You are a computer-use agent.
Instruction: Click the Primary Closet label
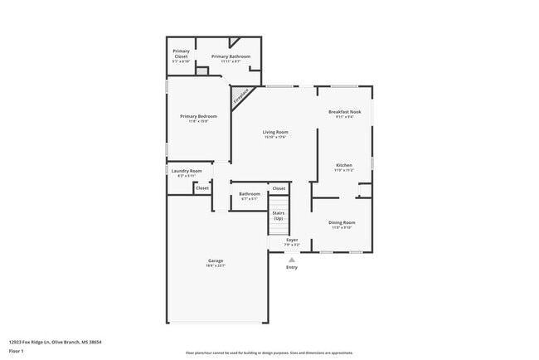181,53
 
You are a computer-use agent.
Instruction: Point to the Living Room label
275,132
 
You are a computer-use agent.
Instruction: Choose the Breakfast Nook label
344,111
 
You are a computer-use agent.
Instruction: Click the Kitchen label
344,165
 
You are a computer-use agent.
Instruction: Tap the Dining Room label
342,222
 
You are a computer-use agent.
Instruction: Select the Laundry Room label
187,171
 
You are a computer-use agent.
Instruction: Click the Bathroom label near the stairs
250,194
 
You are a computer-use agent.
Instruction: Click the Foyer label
292,240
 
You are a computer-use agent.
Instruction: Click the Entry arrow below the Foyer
292,258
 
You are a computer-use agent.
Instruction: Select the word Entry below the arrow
292,267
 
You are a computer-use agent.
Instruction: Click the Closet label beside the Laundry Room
202,188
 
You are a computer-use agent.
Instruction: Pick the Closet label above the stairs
279,188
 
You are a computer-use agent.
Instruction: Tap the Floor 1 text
17,350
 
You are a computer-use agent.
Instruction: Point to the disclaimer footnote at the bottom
269,353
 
